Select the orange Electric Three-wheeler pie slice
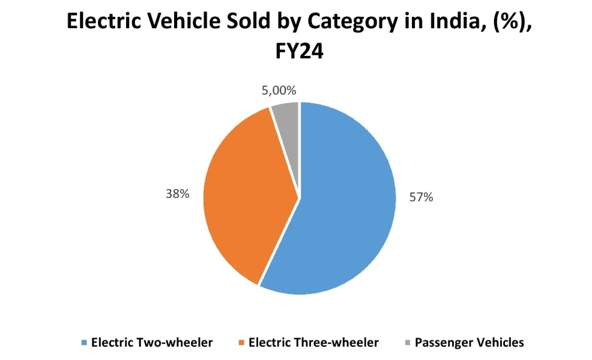(246, 192)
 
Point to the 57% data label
(421, 197)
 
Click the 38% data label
(178, 194)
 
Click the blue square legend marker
(84, 343)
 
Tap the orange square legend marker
(241, 343)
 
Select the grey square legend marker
(408, 343)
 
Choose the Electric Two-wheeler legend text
(151, 343)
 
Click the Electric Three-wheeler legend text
(313, 343)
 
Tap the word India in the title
(444, 22)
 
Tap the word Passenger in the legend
(442, 343)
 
